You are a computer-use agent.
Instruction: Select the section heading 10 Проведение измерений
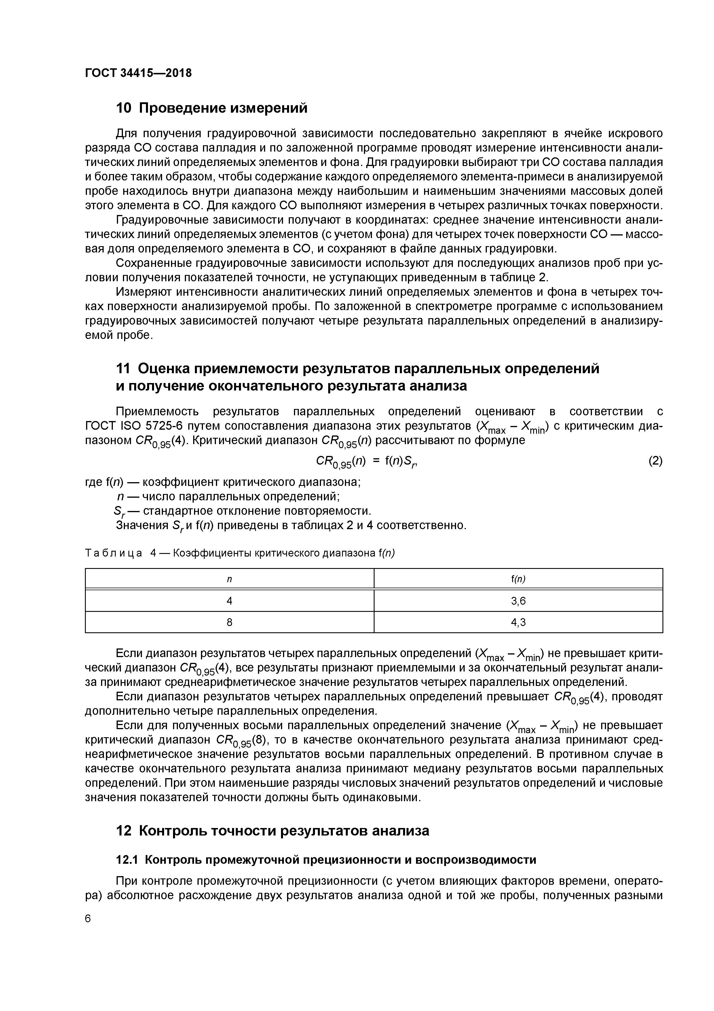tap(211, 108)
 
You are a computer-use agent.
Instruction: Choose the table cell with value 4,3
tap(518, 622)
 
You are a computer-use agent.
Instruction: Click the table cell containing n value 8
tap(229, 622)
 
